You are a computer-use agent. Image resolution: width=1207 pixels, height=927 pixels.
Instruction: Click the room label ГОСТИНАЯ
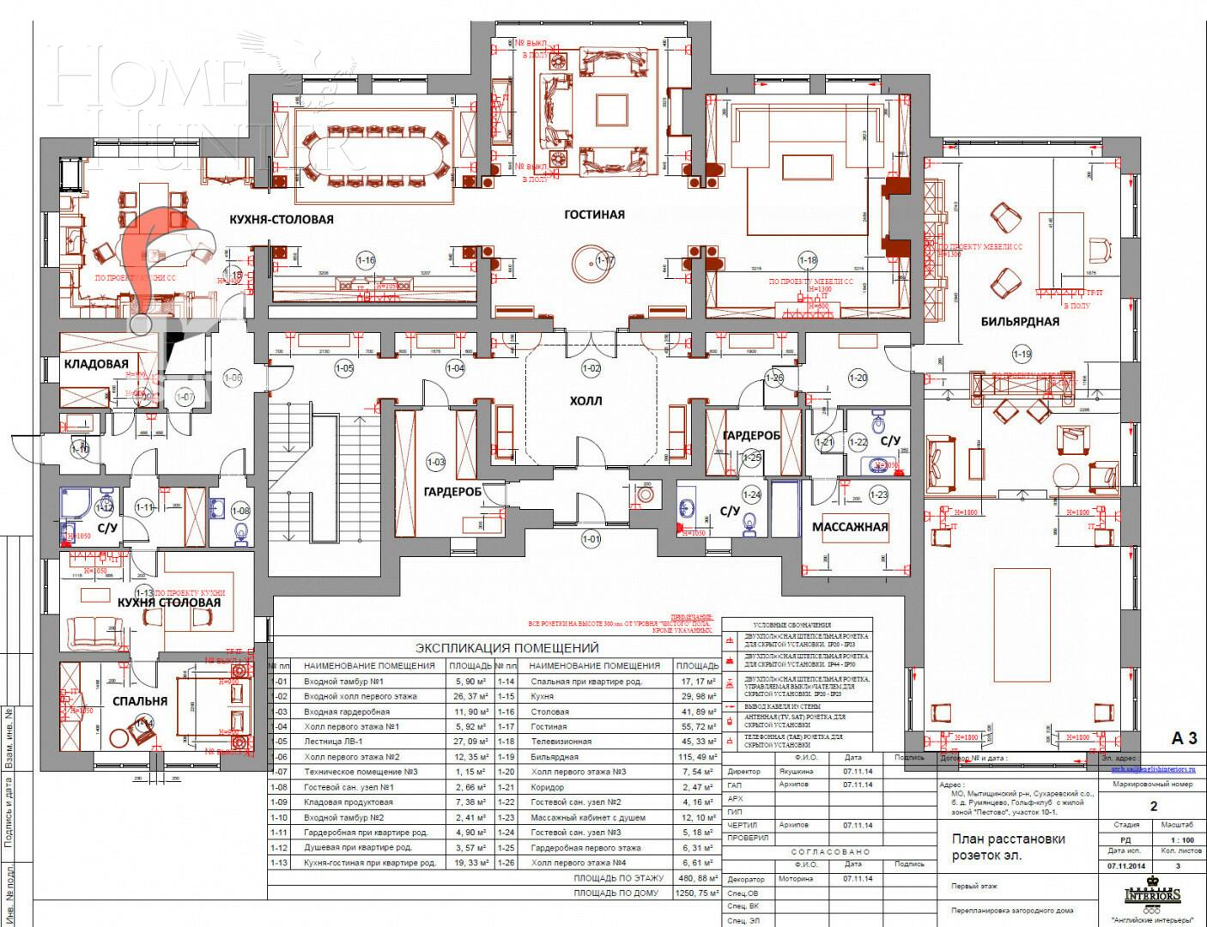coord(594,215)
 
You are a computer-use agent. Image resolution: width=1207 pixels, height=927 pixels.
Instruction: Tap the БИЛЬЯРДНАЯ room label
coord(1020,322)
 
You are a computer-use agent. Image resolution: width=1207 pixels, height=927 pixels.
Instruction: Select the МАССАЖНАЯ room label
coord(850,527)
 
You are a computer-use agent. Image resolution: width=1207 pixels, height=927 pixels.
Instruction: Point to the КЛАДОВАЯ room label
coord(96,364)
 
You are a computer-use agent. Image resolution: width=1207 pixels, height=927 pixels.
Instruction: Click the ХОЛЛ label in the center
coord(585,401)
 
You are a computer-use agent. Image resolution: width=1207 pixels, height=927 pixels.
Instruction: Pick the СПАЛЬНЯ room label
coord(139,700)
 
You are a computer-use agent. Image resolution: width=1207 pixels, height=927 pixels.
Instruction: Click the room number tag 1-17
coord(605,260)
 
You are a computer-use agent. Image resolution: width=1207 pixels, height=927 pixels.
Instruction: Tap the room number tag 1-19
coord(1022,354)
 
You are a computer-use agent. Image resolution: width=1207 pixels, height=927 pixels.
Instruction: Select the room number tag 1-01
coord(591,539)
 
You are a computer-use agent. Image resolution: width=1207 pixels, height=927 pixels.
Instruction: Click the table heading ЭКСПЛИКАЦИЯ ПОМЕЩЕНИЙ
coord(506,648)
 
